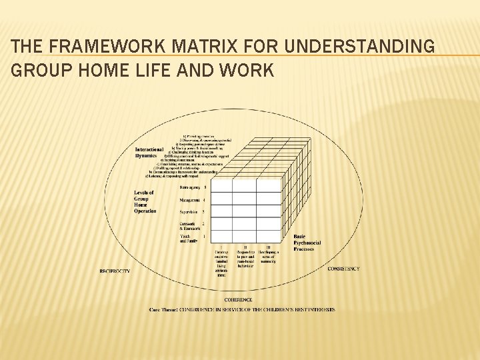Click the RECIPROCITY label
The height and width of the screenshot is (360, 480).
(x=114, y=271)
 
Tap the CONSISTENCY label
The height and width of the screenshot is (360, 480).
(x=343, y=269)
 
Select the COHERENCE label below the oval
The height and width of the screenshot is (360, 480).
(x=238, y=299)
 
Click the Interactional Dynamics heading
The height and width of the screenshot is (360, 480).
(x=149, y=152)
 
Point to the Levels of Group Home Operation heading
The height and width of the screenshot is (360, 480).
(x=145, y=201)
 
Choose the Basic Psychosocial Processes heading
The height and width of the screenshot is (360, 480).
(x=307, y=243)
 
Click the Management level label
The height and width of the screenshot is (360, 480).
(x=191, y=199)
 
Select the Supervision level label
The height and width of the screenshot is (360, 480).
(x=191, y=211)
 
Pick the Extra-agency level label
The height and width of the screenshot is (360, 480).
(x=192, y=187)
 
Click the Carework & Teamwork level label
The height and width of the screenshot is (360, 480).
(x=191, y=225)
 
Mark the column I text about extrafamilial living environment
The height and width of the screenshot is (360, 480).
(x=221, y=263)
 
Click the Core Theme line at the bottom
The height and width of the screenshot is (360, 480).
(x=241, y=309)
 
